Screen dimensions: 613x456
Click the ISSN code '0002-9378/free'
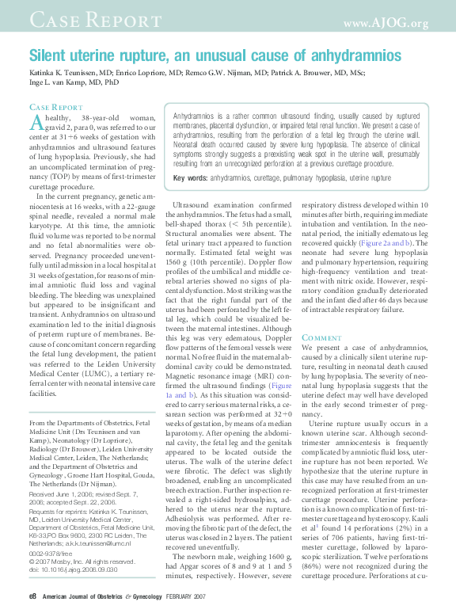pyautogui.click(x=53, y=554)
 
